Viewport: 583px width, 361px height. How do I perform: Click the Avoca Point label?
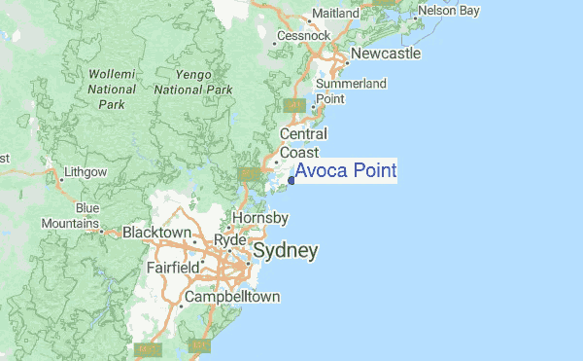coord(346,172)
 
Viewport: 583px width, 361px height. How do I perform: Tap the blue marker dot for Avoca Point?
coord(291,179)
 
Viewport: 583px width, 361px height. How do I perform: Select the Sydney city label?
coord(285,251)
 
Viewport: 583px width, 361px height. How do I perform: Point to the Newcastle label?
coord(386,54)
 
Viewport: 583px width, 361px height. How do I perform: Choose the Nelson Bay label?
coord(449,12)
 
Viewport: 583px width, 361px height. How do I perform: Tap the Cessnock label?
coord(304,36)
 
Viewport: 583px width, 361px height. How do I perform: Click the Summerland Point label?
coord(352,91)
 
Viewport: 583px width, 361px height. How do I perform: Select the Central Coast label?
coord(303,143)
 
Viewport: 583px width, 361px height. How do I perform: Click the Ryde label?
coord(230,240)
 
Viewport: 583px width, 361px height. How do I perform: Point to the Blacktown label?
coord(156,234)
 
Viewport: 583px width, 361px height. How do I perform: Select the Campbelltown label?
coord(232,296)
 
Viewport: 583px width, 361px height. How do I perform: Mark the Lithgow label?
coord(85,172)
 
